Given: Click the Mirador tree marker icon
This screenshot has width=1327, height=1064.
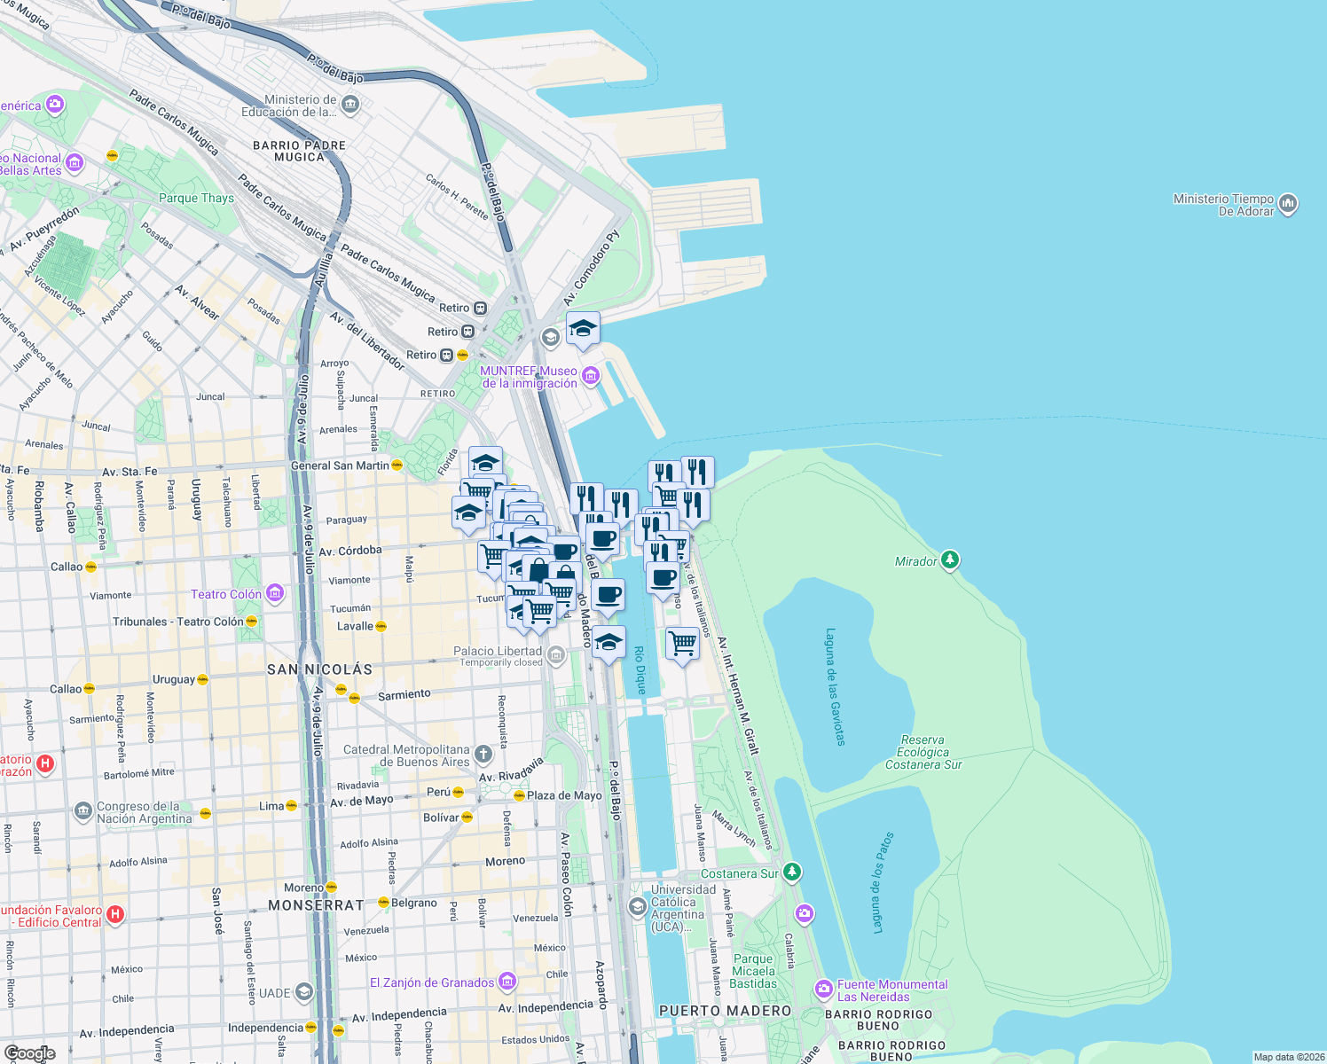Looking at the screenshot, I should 950,559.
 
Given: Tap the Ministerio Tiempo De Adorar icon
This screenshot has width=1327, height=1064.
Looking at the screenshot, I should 1288,205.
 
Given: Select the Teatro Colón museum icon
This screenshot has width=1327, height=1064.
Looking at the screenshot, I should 275,593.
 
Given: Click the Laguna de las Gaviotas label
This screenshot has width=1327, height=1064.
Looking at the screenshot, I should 836,686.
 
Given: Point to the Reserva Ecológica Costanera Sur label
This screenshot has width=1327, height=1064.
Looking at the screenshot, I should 923,752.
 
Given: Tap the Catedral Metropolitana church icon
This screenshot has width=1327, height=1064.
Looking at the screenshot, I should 483,755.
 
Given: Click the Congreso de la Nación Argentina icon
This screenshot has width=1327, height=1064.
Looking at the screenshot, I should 82,811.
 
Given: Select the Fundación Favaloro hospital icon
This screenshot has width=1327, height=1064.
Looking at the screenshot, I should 114,914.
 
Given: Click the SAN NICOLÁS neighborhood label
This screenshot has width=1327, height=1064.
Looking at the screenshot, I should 319,669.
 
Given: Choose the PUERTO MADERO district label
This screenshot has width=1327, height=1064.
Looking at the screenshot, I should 725,1011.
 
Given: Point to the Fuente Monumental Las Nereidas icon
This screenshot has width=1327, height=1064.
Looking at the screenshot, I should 823,989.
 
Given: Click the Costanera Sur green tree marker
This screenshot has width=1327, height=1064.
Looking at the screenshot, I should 791,872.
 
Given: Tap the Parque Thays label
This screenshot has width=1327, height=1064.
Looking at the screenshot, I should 196,198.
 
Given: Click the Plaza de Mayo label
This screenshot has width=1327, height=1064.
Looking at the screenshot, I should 564,795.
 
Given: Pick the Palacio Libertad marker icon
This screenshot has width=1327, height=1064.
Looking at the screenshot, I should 555,656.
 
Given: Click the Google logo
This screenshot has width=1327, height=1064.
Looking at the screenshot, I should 29,1053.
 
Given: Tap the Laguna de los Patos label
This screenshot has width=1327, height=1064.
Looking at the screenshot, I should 883,882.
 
